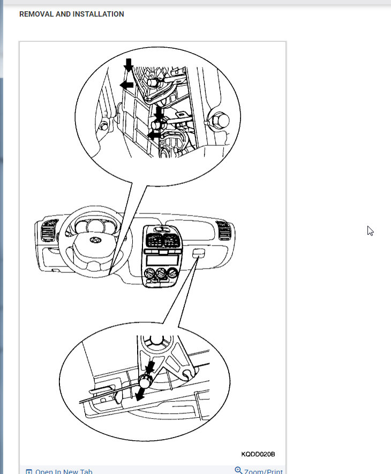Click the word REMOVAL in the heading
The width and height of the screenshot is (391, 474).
[35, 14]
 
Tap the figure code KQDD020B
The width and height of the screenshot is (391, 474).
[258, 454]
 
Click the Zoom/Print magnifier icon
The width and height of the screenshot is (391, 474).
[238, 471]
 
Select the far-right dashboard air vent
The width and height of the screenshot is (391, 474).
[223, 231]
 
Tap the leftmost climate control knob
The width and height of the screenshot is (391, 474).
[148, 276]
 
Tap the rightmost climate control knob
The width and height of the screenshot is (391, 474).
[172, 276]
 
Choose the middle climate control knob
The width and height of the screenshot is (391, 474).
[161, 276]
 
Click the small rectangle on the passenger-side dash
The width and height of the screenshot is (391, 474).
[197, 252]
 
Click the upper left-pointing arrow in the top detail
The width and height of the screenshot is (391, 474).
[126, 85]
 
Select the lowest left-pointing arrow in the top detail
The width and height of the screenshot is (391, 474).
[154, 136]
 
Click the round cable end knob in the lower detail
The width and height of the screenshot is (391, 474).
[145, 381]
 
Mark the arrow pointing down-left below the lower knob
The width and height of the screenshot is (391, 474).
[140, 395]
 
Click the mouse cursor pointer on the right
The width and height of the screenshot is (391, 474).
[370, 231]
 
